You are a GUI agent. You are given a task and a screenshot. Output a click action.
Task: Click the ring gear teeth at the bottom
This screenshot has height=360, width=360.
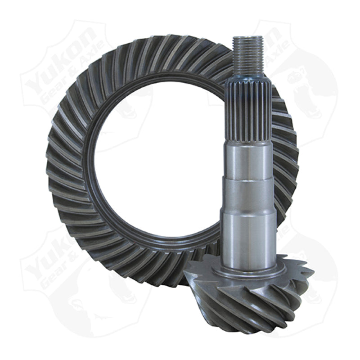pyautogui.click(x=148, y=270)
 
